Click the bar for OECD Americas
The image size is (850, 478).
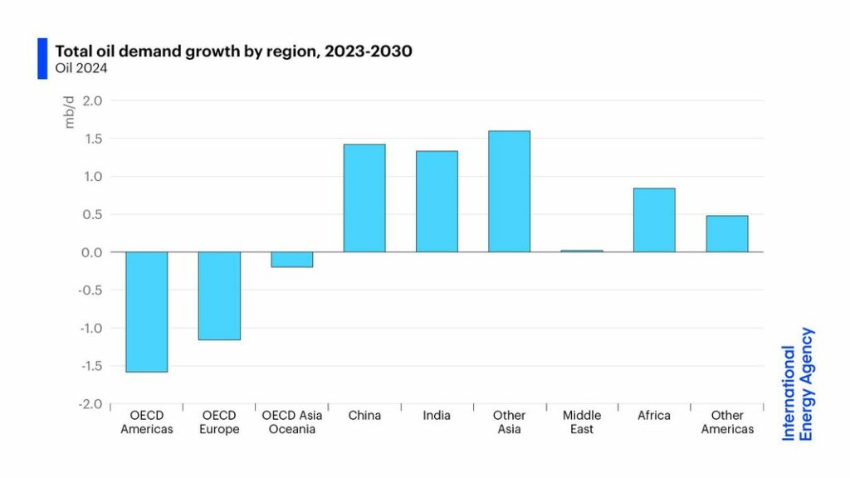(x=146, y=312)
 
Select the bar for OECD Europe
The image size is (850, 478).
(x=219, y=296)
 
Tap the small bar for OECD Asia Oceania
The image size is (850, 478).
(x=291, y=260)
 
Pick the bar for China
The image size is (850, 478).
(x=364, y=198)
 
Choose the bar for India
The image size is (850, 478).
(x=437, y=202)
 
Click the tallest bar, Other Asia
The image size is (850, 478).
(x=509, y=192)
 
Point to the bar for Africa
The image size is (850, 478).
(x=654, y=220)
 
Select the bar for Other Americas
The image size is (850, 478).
(x=726, y=234)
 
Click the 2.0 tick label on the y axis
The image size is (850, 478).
(x=93, y=101)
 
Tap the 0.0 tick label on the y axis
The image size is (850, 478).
(x=93, y=252)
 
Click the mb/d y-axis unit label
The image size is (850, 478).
(x=70, y=115)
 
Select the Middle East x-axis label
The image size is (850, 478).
(x=582, y=422)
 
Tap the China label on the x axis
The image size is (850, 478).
(x=364, y=416)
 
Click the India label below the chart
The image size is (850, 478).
(x=437, y=416)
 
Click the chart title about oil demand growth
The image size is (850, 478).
(x=233, y=51)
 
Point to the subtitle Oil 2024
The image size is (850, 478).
(x=81, y=68)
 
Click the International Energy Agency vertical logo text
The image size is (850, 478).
(x=798, y=383)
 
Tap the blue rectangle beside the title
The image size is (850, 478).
(x=42, y=59)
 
